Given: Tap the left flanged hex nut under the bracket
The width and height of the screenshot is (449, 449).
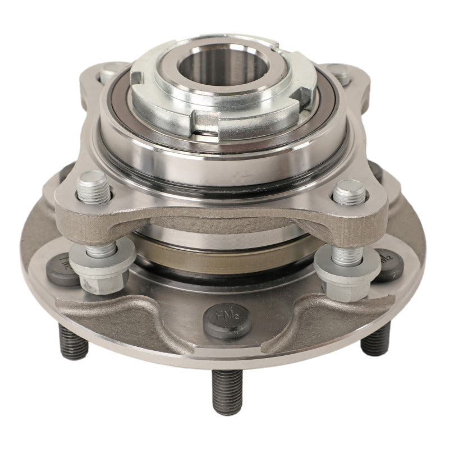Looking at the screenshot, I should tap(103, 268).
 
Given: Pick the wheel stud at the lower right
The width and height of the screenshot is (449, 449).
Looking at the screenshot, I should tap(374, 339).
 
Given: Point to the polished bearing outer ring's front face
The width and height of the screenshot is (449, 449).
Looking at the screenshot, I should tap(224, 168).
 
